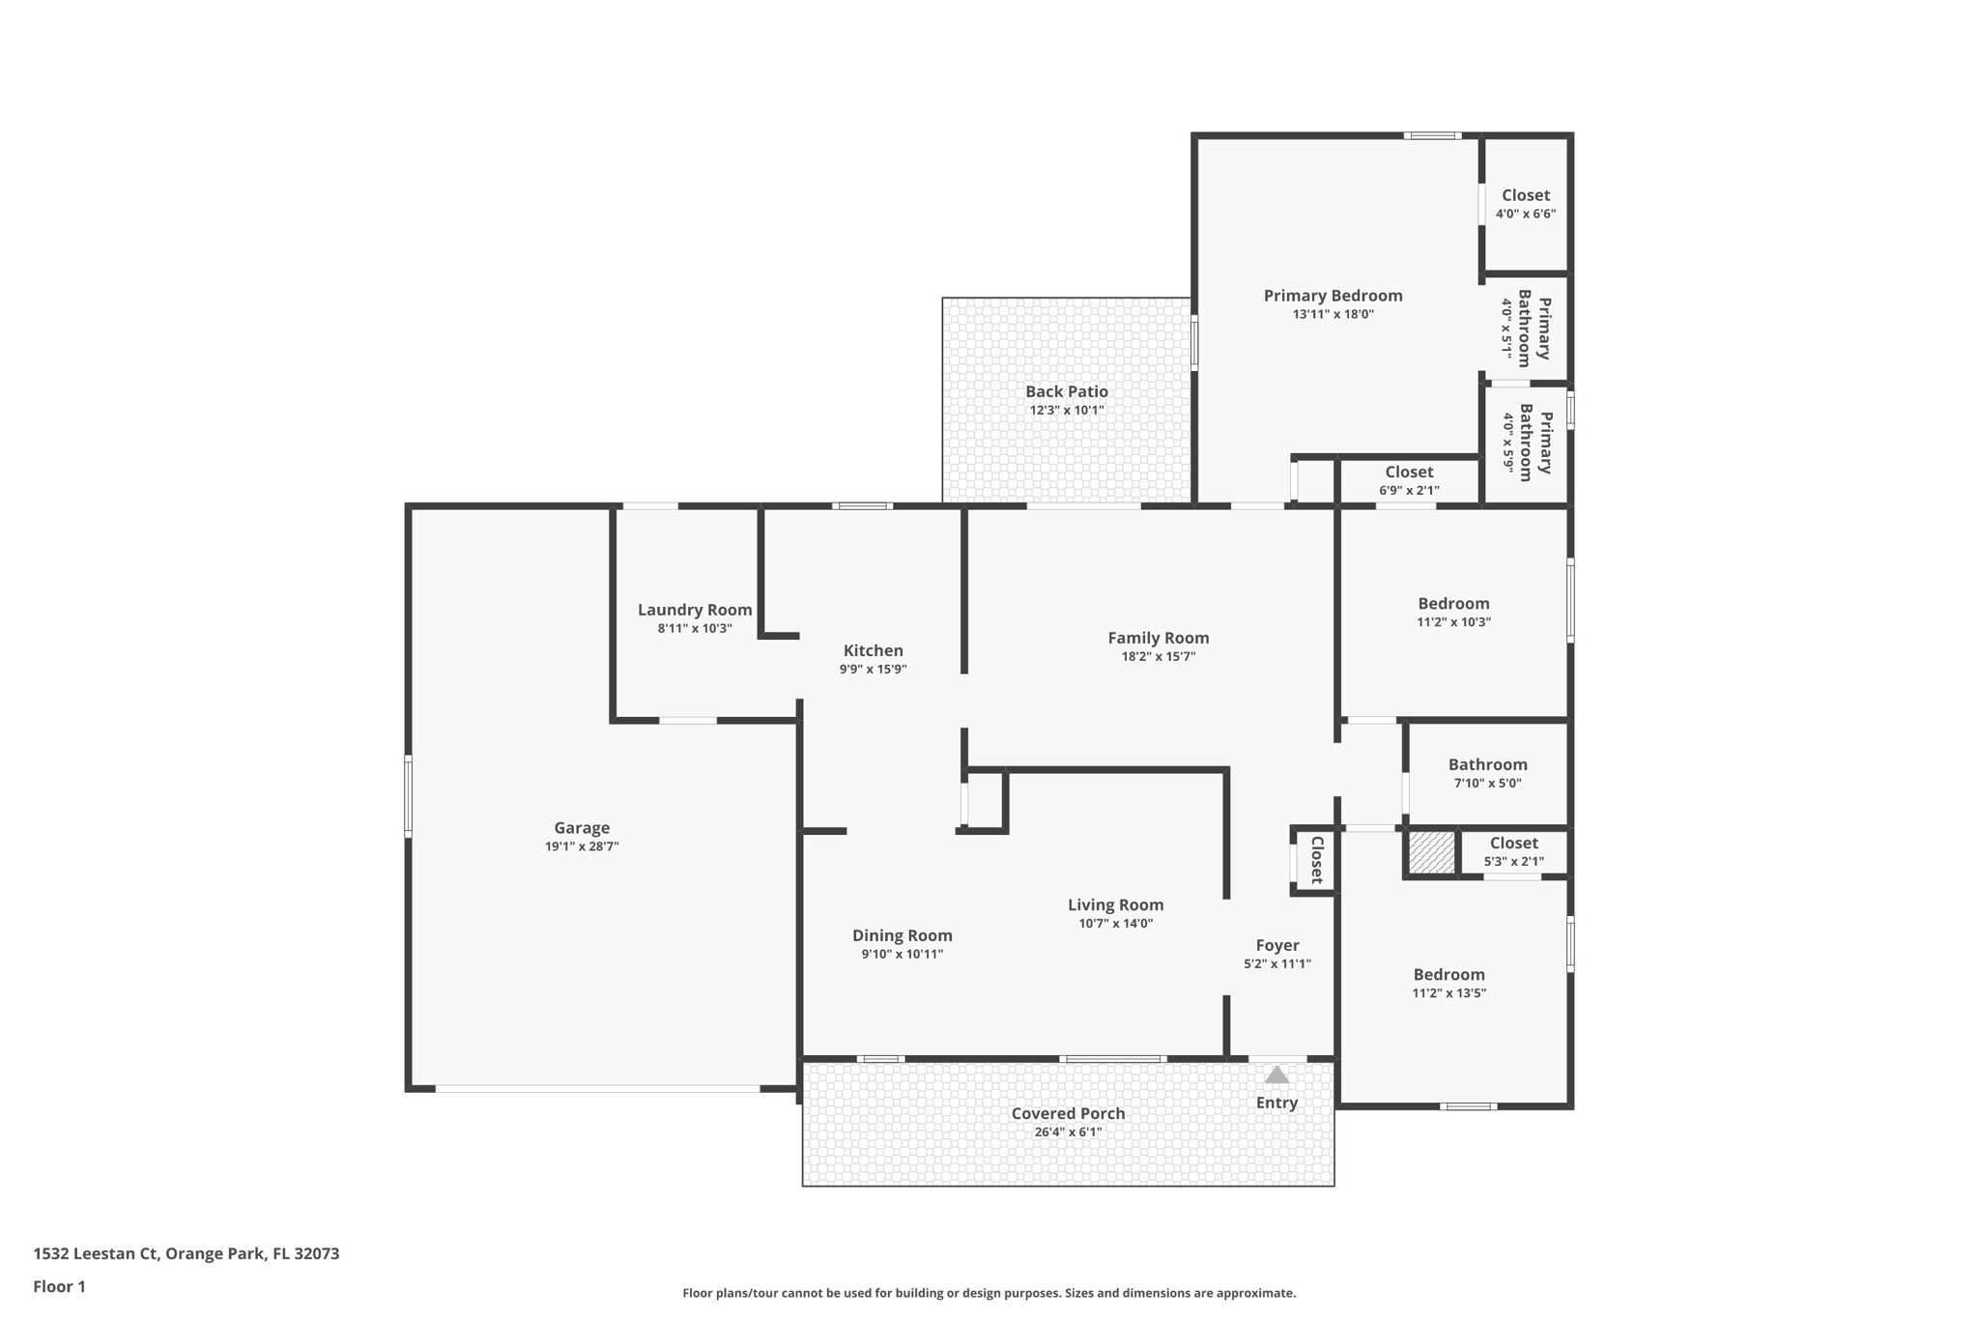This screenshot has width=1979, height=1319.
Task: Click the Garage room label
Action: (x=582, y=828)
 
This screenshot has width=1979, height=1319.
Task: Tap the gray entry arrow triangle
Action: (x=1276, y=1075)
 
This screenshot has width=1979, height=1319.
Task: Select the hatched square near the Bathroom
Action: (x=1431, y=853)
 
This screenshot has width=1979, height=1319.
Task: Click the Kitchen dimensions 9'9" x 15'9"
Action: (x=873, y=670)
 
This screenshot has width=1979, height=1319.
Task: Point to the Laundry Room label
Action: (x=695, y=610)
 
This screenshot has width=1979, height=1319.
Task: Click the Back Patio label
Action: (x=1067, y=391)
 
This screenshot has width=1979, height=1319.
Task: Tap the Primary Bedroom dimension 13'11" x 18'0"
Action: (x=1333, y=314)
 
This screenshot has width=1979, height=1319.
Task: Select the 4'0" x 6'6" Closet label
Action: (x=1525, y=195)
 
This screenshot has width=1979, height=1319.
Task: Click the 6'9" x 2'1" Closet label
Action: (x=1409, y=473)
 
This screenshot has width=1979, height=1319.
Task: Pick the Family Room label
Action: (x=1158, y=638)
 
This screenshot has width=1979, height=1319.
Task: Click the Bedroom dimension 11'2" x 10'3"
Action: (x=1453, y=622)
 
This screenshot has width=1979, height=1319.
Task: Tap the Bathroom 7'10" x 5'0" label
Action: (x=1487, y=765)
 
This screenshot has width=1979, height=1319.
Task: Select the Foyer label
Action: (x=1276, y=945)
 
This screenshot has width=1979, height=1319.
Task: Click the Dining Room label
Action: (x=902, y=935)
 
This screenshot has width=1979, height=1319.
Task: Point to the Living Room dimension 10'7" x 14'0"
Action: (x=1115, y=924)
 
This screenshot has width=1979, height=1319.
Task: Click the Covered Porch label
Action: (x=1068, y=1113)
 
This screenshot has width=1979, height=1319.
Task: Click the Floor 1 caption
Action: (x=59, y=1287)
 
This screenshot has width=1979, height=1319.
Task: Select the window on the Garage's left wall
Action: (x=408, y=796)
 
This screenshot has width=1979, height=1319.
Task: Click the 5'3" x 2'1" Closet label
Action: (x=1513, y=844)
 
